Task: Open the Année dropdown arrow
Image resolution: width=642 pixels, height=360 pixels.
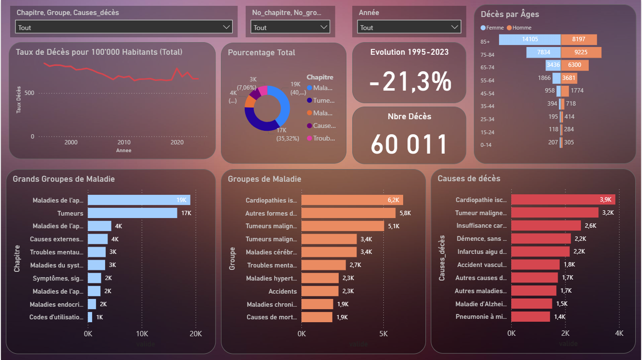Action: [x=454, y=28]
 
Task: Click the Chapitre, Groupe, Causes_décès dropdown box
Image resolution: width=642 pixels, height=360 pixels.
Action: [x=124, y=27]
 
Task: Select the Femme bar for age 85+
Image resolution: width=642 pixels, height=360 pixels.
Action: [x=530, y=40]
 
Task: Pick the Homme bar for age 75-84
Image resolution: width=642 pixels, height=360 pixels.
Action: [x=581, y=52]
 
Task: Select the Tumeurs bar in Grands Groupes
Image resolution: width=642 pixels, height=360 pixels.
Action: [x=132, y=213]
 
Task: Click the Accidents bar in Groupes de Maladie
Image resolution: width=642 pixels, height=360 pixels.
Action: [x=320, y=291]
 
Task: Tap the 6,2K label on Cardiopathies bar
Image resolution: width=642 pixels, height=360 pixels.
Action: [x=393, y=200]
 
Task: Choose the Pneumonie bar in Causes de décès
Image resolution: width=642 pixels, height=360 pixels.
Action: [x=531, y=317]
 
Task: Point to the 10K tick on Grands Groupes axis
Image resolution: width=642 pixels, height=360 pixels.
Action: [x=142, y=334]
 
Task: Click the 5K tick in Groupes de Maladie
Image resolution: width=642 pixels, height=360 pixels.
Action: [x=383, y=334]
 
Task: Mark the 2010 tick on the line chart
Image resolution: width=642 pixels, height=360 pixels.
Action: [x=124, y=142]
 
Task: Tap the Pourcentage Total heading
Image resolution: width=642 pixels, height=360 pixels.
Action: [x=262, y=52]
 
